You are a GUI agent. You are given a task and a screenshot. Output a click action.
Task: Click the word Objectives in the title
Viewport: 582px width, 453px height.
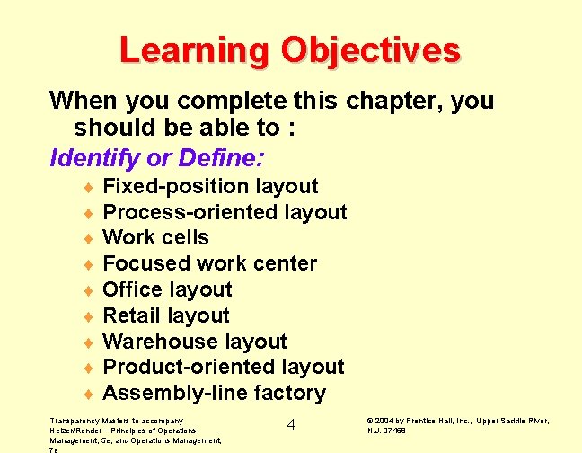[370, 49]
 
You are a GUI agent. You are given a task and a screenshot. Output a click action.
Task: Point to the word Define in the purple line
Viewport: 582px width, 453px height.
[218, 159]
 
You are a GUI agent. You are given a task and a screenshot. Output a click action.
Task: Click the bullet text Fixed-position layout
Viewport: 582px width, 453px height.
[211, 186]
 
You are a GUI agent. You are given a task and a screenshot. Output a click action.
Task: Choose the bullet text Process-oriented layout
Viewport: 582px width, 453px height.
[225, 212]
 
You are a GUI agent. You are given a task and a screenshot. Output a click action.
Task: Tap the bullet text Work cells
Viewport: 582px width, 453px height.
[156, 238]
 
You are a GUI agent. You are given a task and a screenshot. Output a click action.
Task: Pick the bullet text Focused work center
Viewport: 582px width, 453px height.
[210, 263]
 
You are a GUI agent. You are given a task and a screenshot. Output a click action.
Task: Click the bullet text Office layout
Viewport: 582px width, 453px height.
[168, 289]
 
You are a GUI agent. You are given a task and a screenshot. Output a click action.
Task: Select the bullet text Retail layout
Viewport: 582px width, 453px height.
[166, 315]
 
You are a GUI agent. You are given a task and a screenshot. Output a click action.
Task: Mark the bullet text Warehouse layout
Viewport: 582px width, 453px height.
[195, 342]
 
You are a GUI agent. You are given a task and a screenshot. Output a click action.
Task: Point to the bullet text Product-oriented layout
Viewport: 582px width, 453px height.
[224, 367]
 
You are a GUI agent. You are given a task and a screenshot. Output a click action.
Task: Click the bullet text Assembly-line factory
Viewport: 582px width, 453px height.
[215, 393]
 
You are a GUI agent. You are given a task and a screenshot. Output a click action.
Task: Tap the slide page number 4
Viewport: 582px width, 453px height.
[291, 424]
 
